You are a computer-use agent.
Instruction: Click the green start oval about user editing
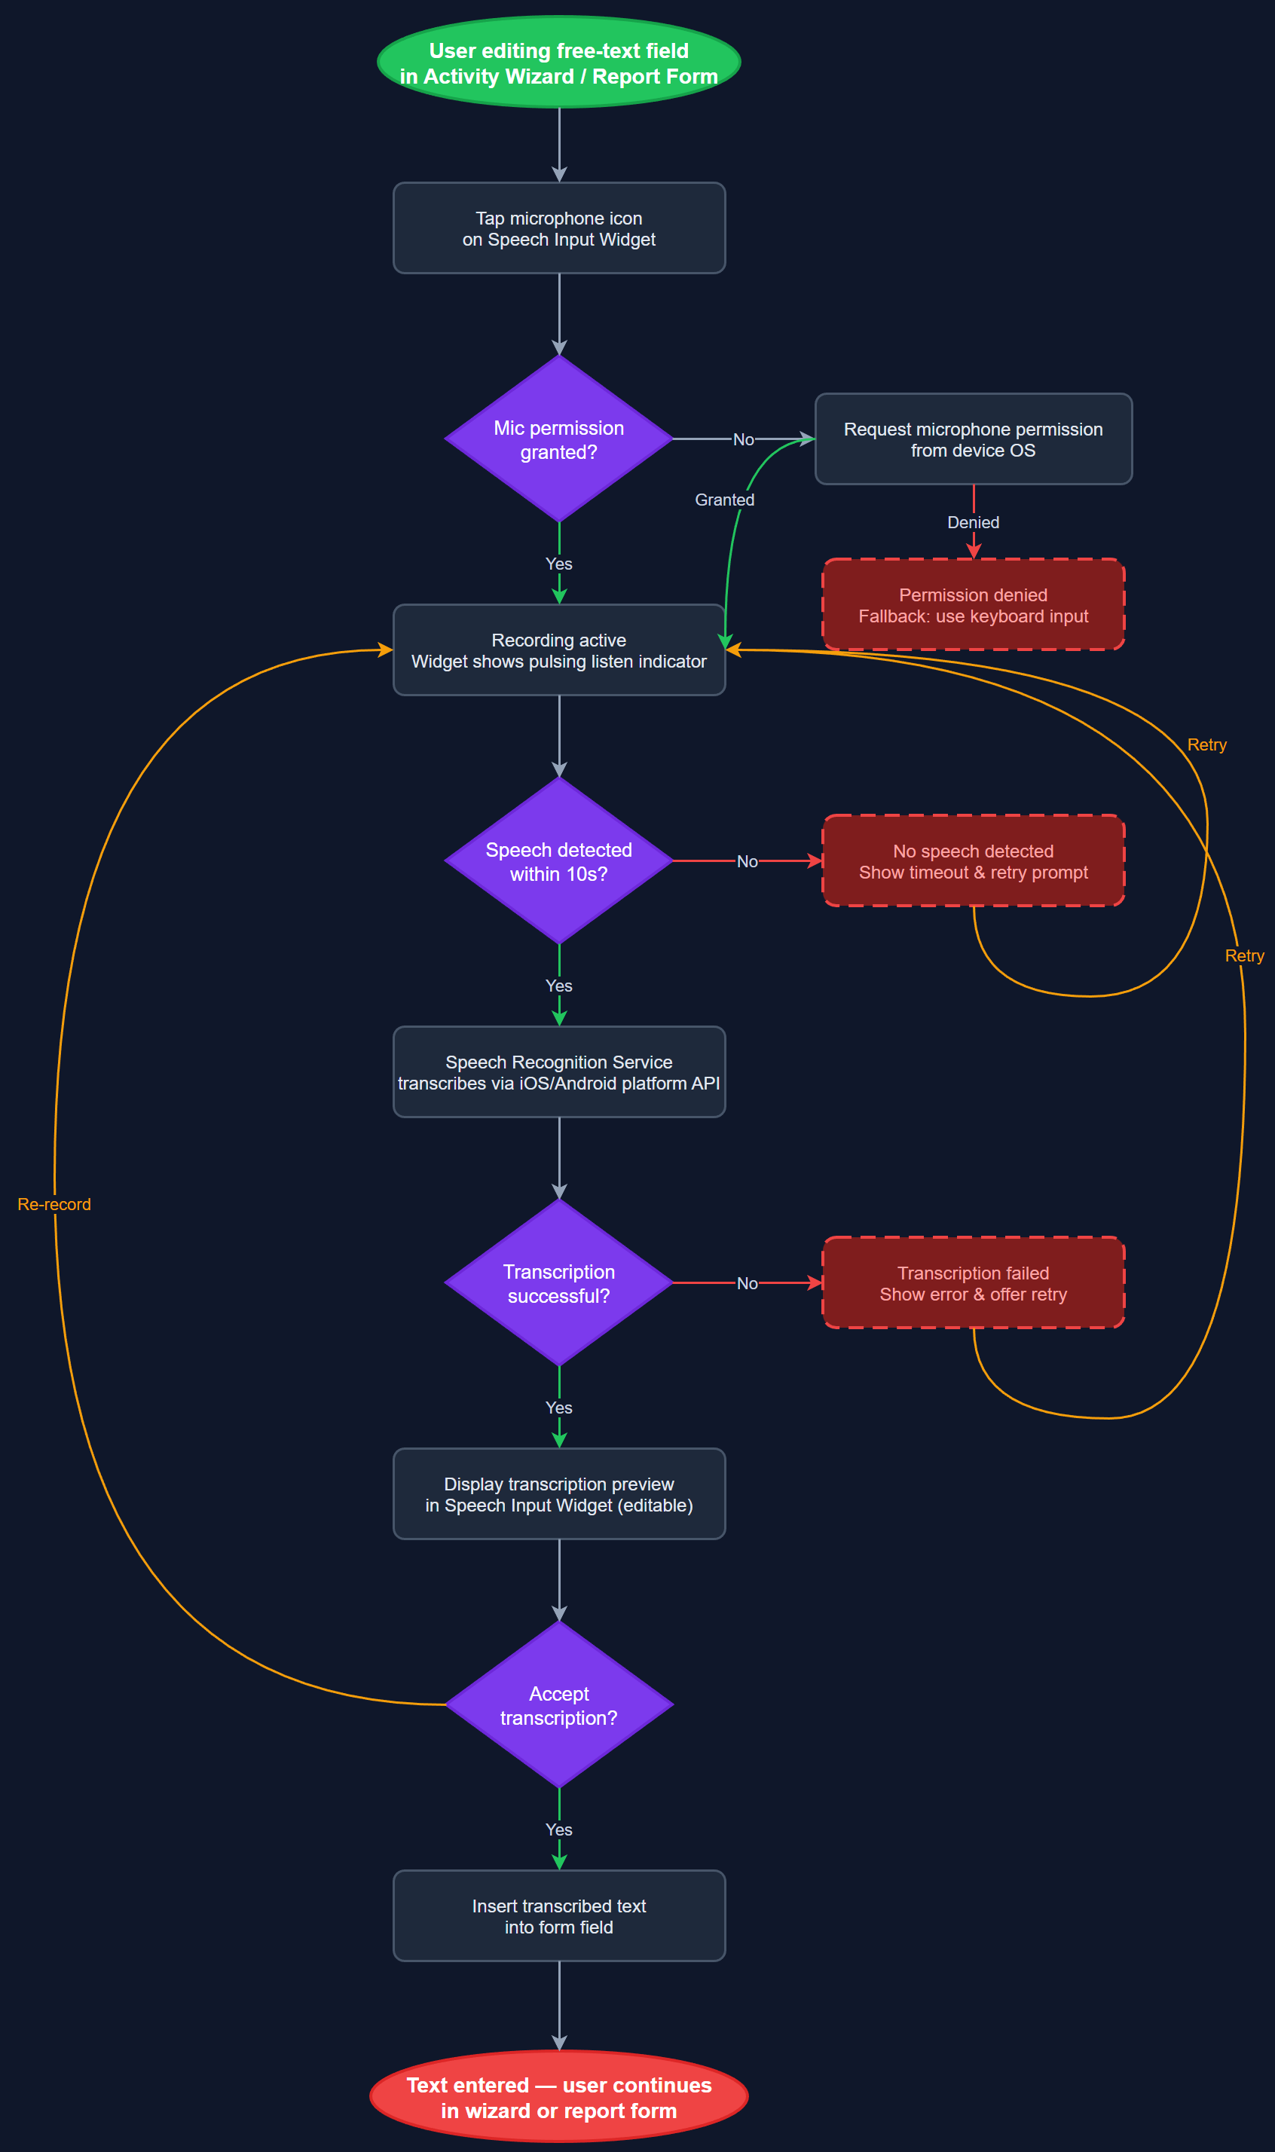pos(558,63)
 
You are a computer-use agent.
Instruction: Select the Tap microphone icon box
pos(558,228)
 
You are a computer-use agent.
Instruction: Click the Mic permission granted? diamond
pos(558,439)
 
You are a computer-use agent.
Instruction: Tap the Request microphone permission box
pos(973,439)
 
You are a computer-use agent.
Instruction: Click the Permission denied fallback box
pos(973,605)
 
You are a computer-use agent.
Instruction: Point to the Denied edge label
pos(973,522)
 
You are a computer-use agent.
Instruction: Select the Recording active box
pos(558,650)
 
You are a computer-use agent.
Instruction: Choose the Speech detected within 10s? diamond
pos(558,860)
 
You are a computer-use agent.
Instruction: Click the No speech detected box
pos(973,860)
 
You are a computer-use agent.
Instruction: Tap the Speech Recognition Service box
pos(558,1072)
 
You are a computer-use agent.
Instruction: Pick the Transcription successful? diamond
pos(558,1282)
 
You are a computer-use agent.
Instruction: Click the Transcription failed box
pos(973,1282)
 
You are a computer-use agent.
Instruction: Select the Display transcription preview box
pos(558,1494)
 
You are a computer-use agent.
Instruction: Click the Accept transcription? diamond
pos(558,1705)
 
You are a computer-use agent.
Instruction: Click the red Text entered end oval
pos(558,2097)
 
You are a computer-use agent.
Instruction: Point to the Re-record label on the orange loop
pos(54,1204)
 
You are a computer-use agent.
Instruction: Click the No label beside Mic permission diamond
pos(743,440)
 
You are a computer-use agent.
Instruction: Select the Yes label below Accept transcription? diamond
pos(558,1830)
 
